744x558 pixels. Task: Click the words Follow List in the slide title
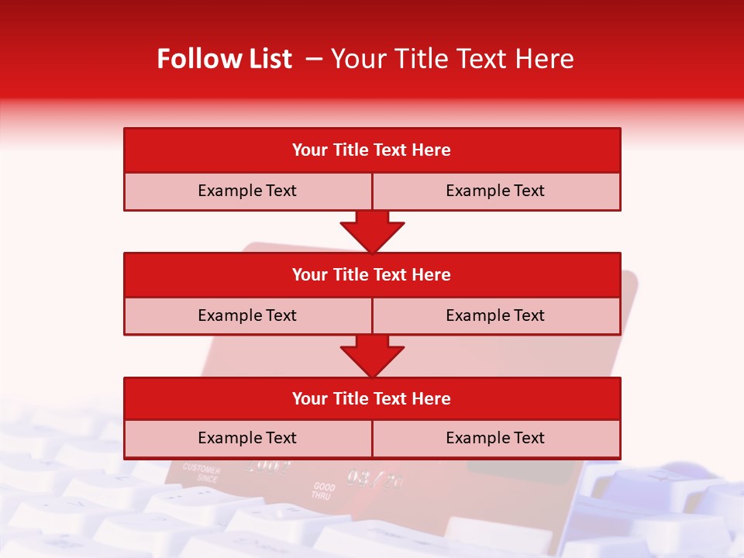[x=224, y=59]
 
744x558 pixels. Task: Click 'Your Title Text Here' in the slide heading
[x=452, y=59]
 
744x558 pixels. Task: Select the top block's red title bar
[x=372, y=150]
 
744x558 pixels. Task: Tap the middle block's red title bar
[x=372, y=274]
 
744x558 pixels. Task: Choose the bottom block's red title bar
[x=372, y=398]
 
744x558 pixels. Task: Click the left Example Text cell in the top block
[x=247, y=191]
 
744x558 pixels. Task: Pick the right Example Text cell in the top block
[x=495, y=191]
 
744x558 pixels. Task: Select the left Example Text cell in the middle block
[x=247, y=315]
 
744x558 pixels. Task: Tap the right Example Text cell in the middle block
[x=495, y=315]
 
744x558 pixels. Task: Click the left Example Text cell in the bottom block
[x=247, y=438]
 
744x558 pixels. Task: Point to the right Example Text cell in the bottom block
[x=495, y=438]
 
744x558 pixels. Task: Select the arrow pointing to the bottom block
[x=372, y=356]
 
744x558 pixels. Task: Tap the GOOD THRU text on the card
[x=323, y=491]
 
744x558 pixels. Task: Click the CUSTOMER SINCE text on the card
[x=201, y=474]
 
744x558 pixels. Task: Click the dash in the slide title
[x=314, y=59]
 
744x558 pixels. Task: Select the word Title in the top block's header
[x=350, y=150]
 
